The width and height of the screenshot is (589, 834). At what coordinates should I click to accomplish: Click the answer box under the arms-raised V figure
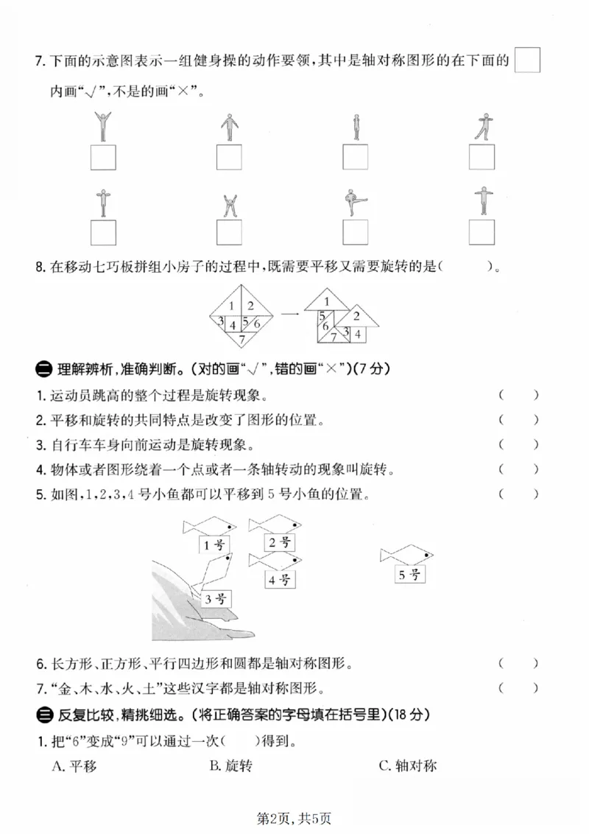tap(102, 158)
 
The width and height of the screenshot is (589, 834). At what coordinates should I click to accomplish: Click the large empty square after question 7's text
tap(527, 60)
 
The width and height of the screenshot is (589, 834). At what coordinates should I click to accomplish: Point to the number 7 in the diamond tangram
tap(241, 340)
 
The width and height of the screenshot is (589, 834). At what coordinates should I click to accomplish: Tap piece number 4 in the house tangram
tap(357, 334)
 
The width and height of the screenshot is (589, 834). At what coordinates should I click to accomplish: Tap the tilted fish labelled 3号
tap(211, 572)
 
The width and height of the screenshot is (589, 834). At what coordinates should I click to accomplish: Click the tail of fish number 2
tap(253, 525)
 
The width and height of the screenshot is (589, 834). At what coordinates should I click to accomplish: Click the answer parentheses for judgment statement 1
tap(518, 395)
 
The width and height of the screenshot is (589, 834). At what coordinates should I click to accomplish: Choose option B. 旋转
tap(230, 766)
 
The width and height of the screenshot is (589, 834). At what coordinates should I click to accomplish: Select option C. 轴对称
tap(407, 766)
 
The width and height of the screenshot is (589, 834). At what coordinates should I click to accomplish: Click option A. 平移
tap(74, 766)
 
